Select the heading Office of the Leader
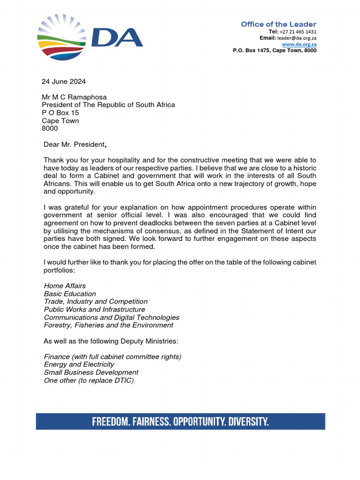[278, 24]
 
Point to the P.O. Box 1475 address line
[274, 50]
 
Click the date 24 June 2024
[64, 82]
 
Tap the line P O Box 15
[60, 113]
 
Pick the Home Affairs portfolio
[65, 285]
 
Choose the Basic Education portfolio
[70, 293]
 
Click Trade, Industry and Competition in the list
[96, 301]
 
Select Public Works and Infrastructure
[94, 309]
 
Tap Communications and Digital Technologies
[112, 317]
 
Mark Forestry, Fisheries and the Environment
[108, 325]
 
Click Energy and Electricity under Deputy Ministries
[79, 364]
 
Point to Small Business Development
[91, 372]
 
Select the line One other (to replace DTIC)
[89, 380]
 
